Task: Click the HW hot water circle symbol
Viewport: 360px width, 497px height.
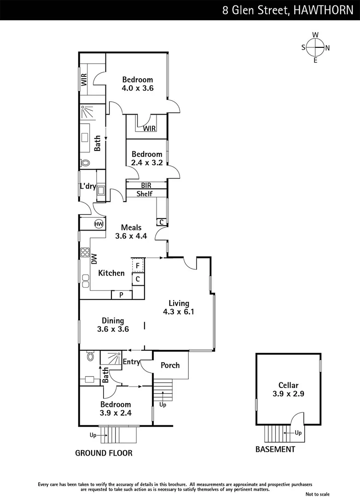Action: pos(99,224)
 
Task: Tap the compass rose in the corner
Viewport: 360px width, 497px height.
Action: pos(315,47)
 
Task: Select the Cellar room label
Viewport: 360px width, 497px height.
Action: pos(288,385)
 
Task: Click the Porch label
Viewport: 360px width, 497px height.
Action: pos(170,365)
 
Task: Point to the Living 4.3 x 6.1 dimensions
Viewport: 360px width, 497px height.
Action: pos(179,312)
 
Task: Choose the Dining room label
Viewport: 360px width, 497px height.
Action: pos(113,321)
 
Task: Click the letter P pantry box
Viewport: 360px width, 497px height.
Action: pos(121,295)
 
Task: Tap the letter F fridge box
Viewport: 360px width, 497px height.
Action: pos(138,266)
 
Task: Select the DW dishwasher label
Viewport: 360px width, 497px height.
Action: pos(93,259)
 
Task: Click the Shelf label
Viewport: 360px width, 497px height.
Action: pos(144,194)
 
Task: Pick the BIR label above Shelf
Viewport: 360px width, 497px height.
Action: pos(146,185)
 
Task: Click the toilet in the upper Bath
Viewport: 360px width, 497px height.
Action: pos(85,163)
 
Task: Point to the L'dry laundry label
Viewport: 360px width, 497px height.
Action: pos(87,187)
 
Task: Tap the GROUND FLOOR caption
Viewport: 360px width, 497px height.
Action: pos(104,453)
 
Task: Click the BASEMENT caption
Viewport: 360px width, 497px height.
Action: pos(275,449)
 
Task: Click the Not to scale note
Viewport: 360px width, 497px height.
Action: pos(318,494)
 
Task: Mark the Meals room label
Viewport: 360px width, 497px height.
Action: pos(131,227)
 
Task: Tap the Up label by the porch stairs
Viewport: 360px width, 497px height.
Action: pos(163,405)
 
